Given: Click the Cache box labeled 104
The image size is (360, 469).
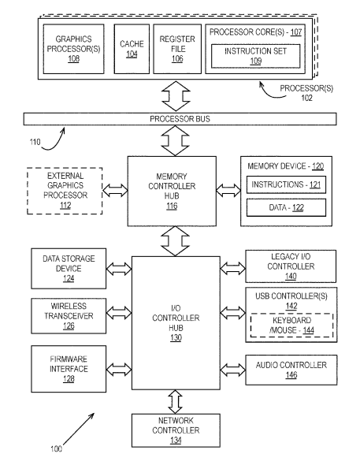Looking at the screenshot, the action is [x=132, y=49].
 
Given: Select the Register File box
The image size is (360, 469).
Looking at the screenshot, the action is [x=177, y=49].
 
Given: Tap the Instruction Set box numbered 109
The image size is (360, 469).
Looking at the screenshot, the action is [x=256, y=56].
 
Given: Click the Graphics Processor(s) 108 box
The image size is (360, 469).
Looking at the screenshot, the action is [x=73, y=49].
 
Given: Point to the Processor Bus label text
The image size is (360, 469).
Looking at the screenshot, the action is [x=180, y=119].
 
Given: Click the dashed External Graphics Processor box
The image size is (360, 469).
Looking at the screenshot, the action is [x=65, y=191].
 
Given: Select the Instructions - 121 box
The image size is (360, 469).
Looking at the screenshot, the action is [x=286, y=184].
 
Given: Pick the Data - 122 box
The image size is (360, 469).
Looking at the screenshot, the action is [x=286, y=207].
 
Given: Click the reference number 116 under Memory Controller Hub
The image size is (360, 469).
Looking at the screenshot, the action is [x=172, y=206].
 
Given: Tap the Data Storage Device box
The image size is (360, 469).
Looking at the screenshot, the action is [x=69, y=268].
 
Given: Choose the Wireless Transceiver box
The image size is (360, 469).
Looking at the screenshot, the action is [x=69, y=316].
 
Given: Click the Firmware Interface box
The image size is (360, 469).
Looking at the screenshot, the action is [x=69, y=369].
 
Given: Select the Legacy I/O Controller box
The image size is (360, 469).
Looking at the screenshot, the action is [x=291, y=266].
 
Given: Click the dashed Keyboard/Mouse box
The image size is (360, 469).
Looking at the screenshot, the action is [x=291, y=325].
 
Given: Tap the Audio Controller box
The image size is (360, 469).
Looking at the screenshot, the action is [x=291, y=370].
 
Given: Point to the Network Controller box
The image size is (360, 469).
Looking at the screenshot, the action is [x=176, y=430].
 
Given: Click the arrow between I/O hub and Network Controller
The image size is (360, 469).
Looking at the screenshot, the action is [x=175, y=402].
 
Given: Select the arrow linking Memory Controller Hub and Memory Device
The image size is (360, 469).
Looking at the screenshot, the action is [x=228, y=191].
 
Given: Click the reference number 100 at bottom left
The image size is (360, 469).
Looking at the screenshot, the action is [x=56, y=449].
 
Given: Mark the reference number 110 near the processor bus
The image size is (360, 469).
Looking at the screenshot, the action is [x=35, y=142].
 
